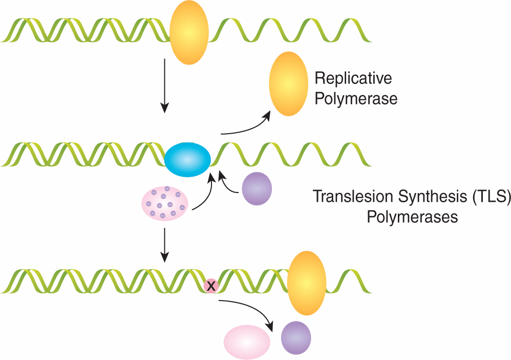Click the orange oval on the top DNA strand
(189, 32)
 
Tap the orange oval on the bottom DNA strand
(307, 283)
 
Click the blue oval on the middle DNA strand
(188, 160)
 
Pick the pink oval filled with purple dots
(165, 203)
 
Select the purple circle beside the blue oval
(257, 188)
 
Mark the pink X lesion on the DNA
(210, 286)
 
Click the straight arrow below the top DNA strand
(164, 85)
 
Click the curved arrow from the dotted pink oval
(204, 195)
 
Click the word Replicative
(353, 78)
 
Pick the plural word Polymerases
(412, 217)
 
